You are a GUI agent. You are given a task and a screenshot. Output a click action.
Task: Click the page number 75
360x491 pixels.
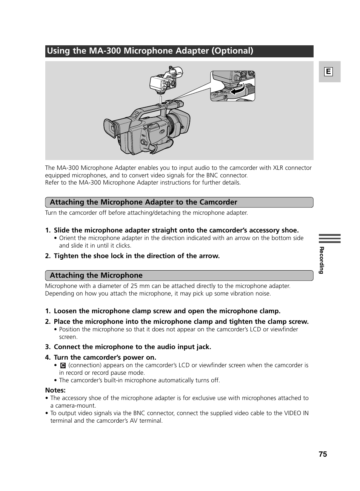point(323,454)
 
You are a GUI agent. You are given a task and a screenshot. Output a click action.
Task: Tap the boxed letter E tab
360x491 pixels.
point(329,72)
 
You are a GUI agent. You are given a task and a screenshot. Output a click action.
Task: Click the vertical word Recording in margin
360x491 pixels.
point(322,260)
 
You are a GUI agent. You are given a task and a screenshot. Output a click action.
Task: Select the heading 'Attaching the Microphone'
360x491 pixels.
point(96,276)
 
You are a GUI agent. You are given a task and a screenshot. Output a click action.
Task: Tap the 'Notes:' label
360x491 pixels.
point(55,390)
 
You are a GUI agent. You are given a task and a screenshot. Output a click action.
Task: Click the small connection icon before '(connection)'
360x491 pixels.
point(63,365)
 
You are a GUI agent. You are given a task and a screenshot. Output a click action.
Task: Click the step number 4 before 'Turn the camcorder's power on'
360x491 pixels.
point(48,357)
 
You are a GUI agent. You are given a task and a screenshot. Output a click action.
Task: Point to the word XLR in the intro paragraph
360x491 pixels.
point(278,168)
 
